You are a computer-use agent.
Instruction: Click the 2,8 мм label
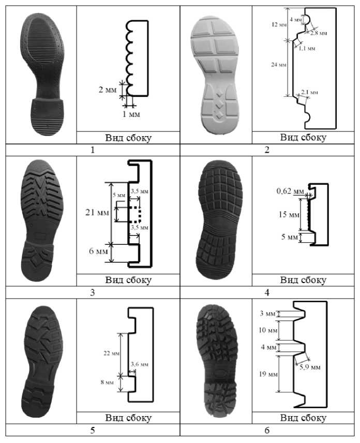(x=319, y=33)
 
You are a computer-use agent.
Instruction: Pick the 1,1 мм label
(x=308, y=50)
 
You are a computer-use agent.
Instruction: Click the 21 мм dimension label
(x=97, y=212)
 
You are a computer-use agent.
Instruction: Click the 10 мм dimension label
(x=269, y=330)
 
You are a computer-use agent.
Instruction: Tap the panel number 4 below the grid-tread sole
(x=267, y=292)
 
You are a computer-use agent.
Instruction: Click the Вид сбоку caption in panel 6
(x=303, y=418)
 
